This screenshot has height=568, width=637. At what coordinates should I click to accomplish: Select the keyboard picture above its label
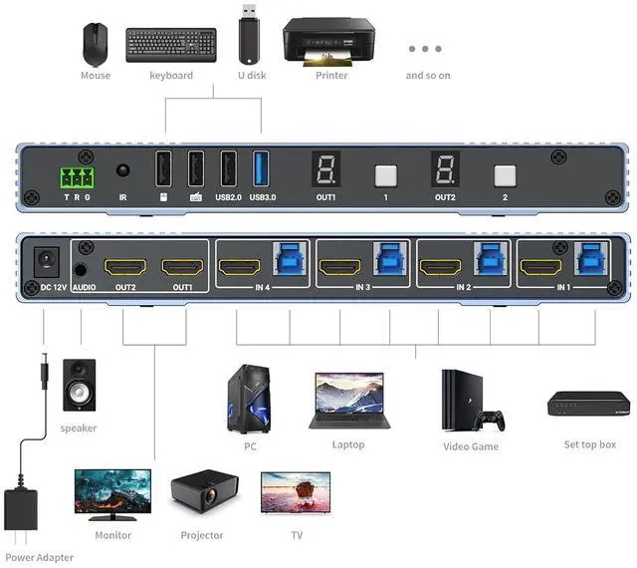[171, 44]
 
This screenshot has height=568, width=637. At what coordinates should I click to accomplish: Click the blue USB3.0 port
[263, 168]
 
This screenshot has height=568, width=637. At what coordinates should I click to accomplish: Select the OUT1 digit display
[324, 171]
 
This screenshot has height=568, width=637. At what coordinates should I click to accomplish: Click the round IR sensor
[123, 172]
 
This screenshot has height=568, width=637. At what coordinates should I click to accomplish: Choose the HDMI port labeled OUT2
[125, 268]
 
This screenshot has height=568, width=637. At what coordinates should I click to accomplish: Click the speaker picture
[79, 386]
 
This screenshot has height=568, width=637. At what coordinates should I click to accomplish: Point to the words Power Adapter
[40, 557]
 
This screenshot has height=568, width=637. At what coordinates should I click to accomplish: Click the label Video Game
[471, 446]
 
